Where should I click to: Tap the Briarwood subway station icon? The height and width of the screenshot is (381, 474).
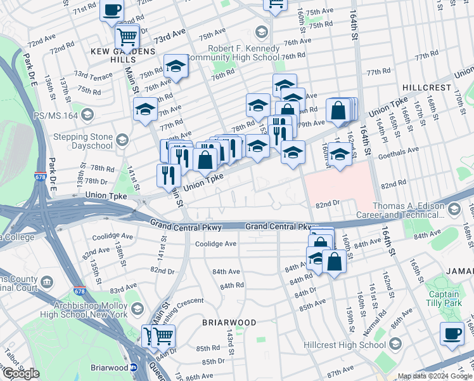click(134, 368)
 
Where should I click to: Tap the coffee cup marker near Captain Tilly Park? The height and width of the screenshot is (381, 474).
click(452, 334)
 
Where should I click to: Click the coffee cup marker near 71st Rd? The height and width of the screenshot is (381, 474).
click(112, 11)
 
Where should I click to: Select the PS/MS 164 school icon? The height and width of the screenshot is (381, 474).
click(87, 115)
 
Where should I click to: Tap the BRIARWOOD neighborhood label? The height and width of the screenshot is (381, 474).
click(229, 323)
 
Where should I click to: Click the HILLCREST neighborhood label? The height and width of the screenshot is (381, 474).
click(426, 87)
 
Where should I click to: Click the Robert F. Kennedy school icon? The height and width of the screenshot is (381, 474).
click(261, 32)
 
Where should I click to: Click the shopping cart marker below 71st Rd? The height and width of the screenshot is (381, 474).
click(127, 38)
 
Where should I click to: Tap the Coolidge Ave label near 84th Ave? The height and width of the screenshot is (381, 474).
click(215, 244)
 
